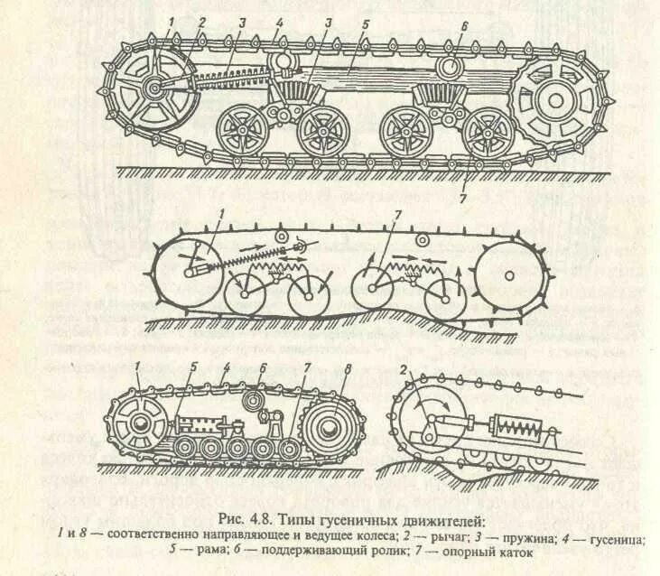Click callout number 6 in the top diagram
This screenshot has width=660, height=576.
tap(463, 26)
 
